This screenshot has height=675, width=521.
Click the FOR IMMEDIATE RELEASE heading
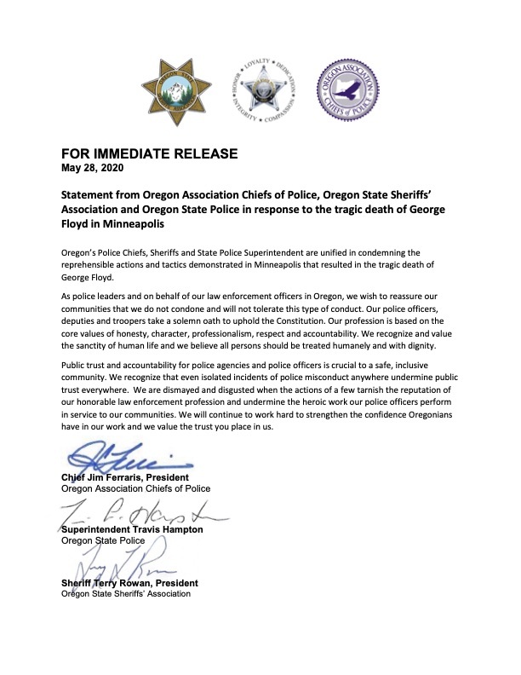pyautogui.click(x=148, y=153)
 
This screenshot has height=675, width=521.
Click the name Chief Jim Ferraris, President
pyautogui.click(x=125, y=477)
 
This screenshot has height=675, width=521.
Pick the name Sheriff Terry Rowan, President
pyautogui.click(x=129, y=583)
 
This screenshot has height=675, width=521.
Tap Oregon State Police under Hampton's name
pyautogui.click(x=99, y=540)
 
